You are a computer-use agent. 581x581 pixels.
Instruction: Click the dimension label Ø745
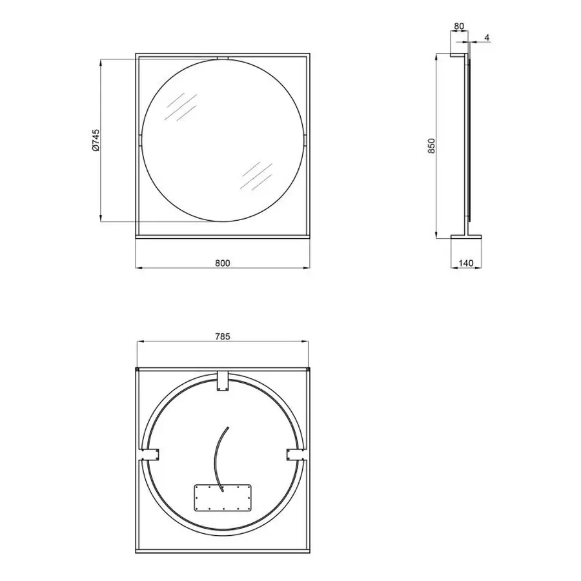pos(96,140)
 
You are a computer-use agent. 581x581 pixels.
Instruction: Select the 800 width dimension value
pos(222,263)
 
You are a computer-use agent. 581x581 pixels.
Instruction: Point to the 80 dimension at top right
pos(459,27)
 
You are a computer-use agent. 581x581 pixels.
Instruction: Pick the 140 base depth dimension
pos(466,263)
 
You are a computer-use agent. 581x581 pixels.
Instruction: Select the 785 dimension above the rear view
pos(222,336)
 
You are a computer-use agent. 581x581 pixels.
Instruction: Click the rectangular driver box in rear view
pos(221,497)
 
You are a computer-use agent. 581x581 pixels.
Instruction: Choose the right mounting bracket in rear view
pos(294,454)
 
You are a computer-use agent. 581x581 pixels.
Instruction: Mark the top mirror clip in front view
pos(223,58)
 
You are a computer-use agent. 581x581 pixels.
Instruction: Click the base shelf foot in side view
pos(466,236)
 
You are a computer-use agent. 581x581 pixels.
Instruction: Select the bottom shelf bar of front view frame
pos(223,236)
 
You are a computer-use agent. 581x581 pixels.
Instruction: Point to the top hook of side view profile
pos(457,58)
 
